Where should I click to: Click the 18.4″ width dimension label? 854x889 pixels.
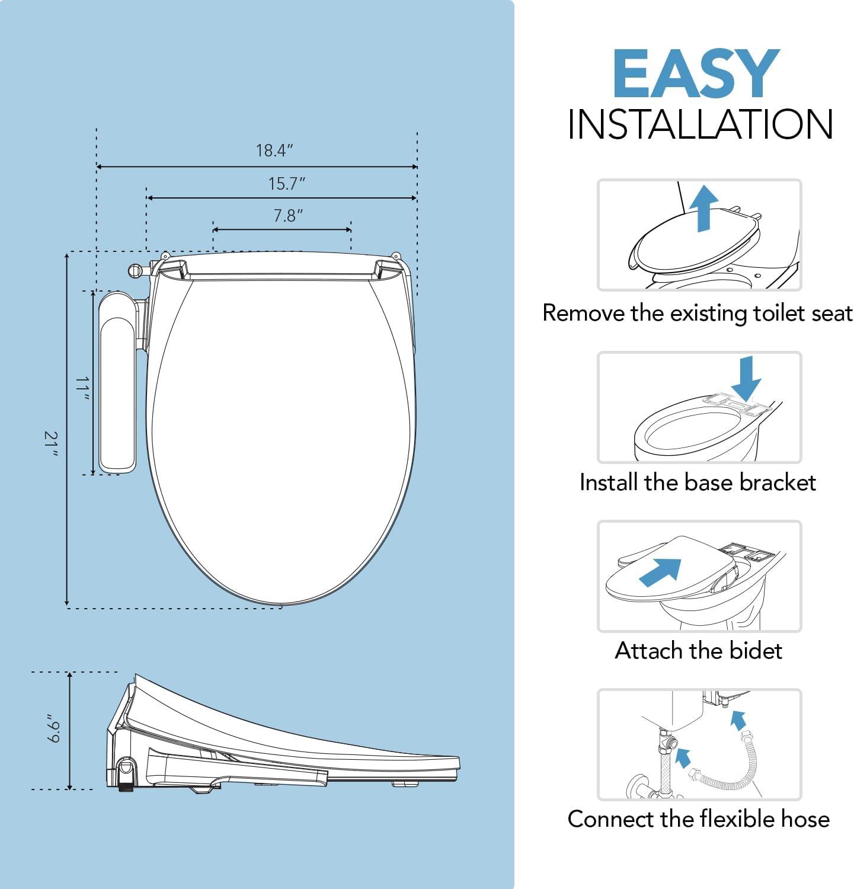tap(274, 151)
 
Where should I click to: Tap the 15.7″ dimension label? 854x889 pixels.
tap(287, 184)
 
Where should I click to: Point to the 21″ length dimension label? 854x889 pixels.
tap(52, 444)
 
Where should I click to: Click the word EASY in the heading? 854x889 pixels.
tap(696, 74)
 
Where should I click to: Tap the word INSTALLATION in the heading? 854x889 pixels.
tap(700, 124)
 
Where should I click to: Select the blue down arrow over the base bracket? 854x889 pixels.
tap(746, 378)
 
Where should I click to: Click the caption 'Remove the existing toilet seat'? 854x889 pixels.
tap(698, 313)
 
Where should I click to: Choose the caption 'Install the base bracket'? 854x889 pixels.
tap(698, 482)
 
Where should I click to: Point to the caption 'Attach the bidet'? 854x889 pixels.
tap(698, 651)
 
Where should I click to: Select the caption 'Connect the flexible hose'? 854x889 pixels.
tap(698, 819)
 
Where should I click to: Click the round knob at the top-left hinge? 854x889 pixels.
tap(133, 270)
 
